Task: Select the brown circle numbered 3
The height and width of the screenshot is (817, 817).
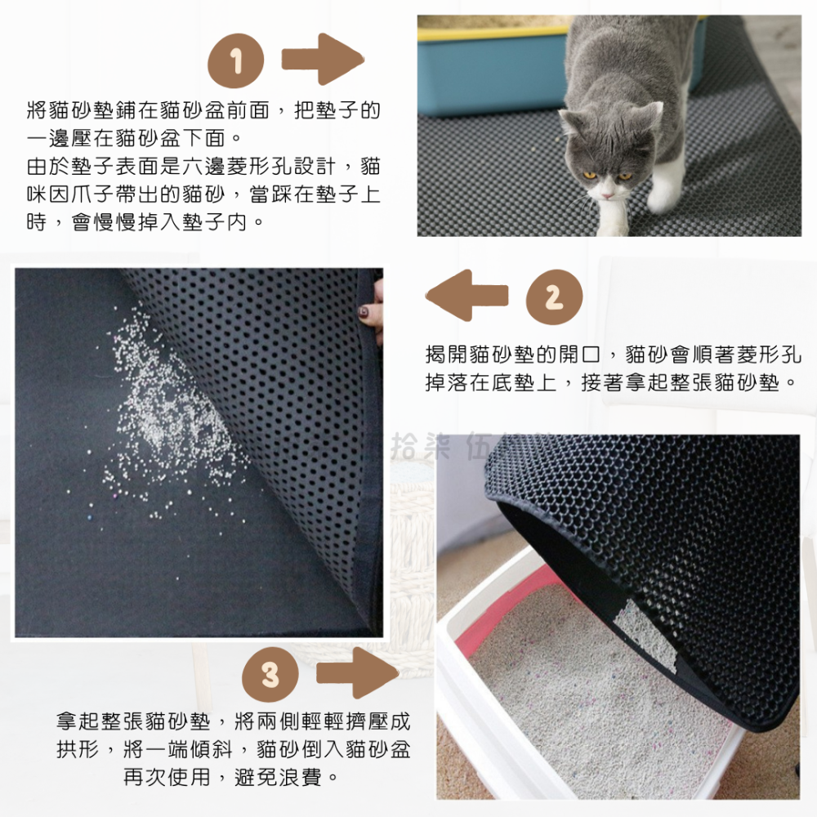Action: coord(270,675)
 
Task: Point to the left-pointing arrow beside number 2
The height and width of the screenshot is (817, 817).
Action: coord(467,296)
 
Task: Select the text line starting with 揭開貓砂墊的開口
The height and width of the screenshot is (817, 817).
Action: coord(613,355)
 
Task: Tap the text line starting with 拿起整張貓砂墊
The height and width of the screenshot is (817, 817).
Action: coord(233,722)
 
